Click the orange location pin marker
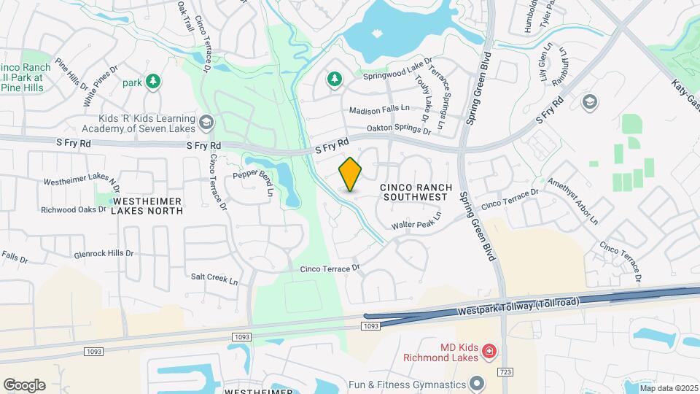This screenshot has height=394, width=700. [351, 174]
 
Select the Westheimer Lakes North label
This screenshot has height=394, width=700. [147, 205]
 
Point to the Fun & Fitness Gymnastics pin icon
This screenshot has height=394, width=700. [477, 383]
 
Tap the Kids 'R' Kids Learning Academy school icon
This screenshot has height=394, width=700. [206, 122]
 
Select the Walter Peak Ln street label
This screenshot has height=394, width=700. [417, 222]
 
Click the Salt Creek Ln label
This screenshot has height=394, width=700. [214, 279]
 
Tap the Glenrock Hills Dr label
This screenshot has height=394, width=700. [104, 255]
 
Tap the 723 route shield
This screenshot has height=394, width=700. [505, 372]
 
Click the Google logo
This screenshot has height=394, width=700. [24, 385]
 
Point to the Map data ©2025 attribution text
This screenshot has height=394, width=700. [668, 388]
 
